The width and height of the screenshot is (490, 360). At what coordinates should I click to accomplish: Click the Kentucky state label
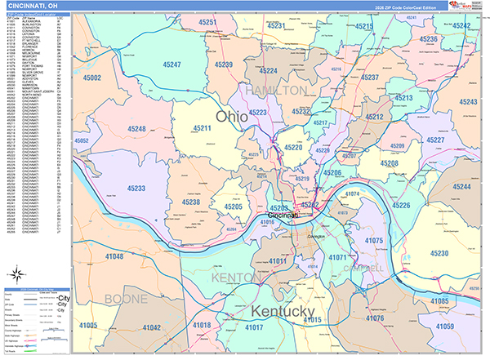coord(271,313)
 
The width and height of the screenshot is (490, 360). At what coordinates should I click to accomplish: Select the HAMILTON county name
coord(277,89)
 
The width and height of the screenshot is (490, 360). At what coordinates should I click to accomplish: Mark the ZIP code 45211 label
coord(202,129)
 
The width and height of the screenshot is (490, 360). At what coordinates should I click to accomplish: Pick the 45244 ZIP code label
coord(461,187)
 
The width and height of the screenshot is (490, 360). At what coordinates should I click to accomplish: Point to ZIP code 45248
coord(136,129)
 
